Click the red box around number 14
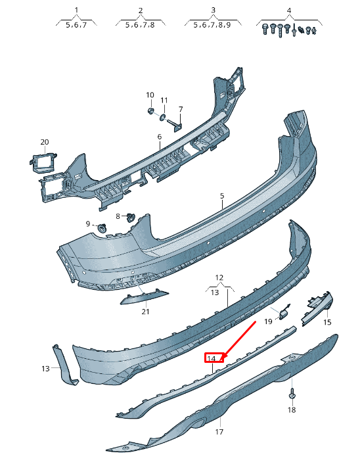pos(214,358)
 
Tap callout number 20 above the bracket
pos(45,142)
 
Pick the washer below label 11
pos(164,117)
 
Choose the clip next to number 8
pos(130,216)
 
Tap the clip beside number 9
pos(102,227)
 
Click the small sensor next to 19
pos(286,312)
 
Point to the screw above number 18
pos(291,395)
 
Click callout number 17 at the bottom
pos(219,432)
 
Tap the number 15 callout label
pos(327,322)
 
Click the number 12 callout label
pos(219,277)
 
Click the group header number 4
pos(289,11)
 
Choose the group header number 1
pos(76,11)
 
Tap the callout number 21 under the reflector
pos(145,312)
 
